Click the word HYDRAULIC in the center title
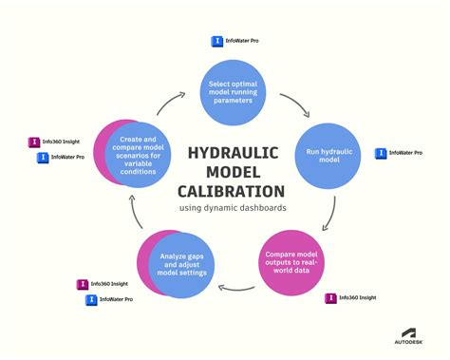(x=234, y=154)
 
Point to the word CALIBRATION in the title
(x=233, y=190)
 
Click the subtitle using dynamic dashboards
(x=233, y=208)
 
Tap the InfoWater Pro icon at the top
(x=216, y=42)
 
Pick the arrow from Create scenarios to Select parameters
(x=173, y=98)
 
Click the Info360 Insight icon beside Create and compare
(x=33, y=142)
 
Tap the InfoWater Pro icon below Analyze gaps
(x=92, y=299)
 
